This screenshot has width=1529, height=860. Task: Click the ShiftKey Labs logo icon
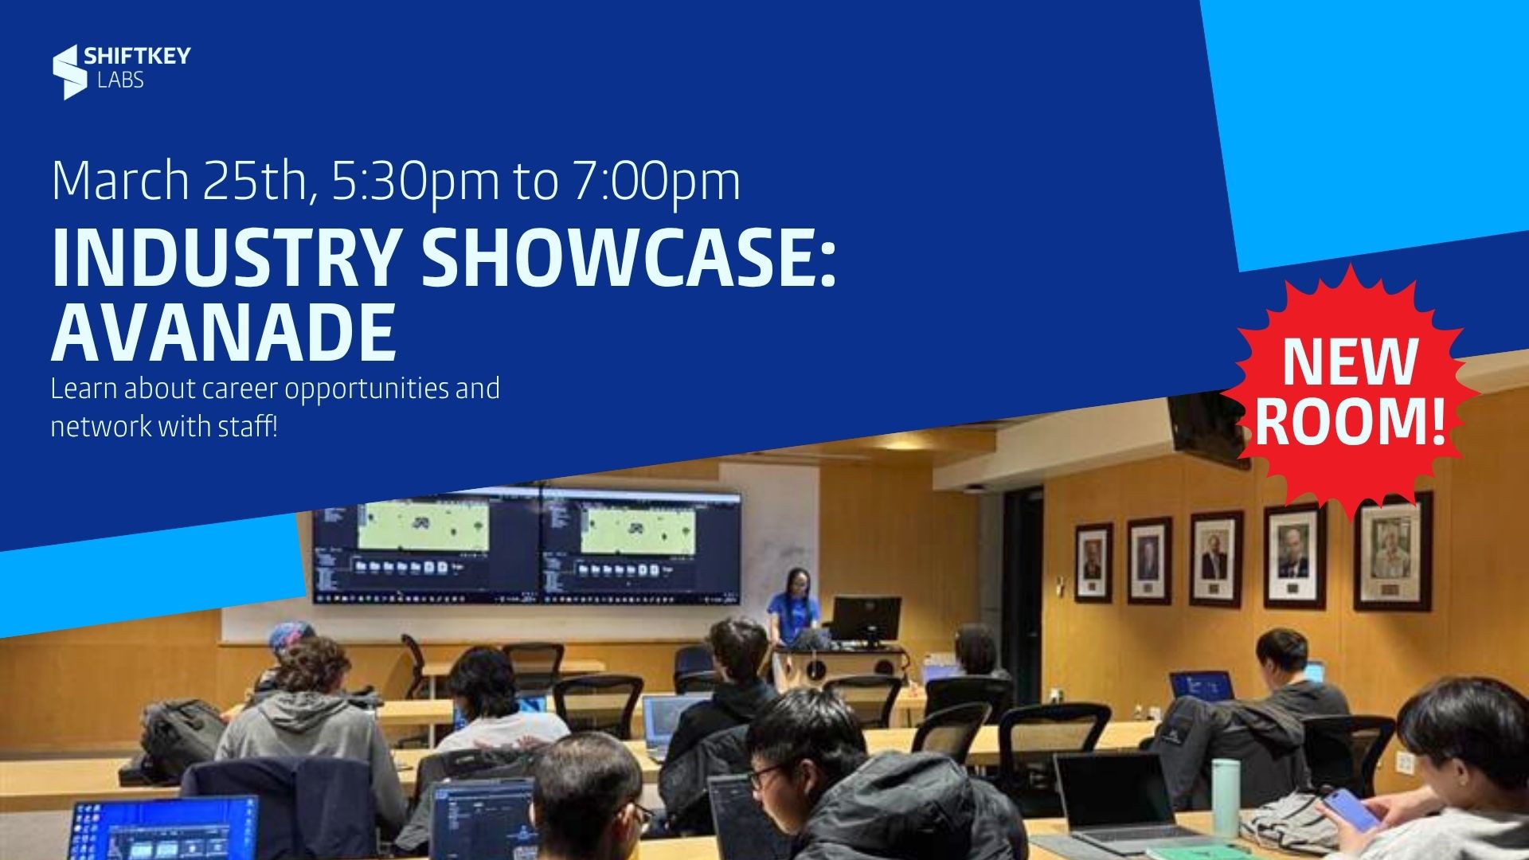[x=69, y=72]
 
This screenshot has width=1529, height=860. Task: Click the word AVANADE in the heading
[x=224, y=331]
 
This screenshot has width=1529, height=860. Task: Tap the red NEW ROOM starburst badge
[x=1350, y=393]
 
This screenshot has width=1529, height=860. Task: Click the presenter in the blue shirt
[x=792, y=609]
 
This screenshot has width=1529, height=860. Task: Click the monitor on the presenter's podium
[x=866, y=621]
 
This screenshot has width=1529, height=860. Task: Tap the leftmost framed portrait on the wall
[x=1093, y=562]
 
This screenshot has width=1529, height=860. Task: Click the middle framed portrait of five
[x=1216, y=559]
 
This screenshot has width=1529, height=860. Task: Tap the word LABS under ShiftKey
[x=120, y=80]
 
